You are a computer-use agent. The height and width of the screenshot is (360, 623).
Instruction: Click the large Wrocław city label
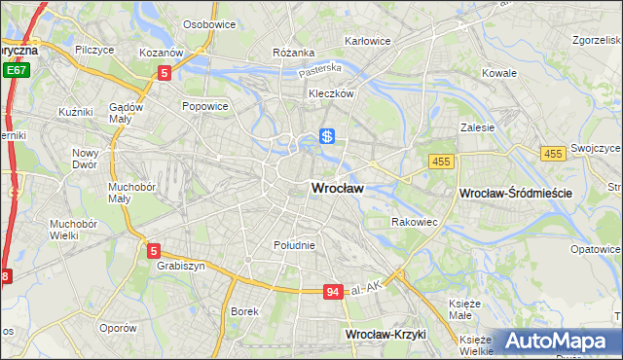(337, 189)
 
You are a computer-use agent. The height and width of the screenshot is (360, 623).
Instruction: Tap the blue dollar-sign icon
(328, 138)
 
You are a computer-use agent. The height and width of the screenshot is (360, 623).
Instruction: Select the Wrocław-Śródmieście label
(515, 194)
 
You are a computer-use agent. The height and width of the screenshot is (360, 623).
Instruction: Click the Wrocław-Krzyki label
(385, 334)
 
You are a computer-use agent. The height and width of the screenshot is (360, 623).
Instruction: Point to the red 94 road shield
(334, 291)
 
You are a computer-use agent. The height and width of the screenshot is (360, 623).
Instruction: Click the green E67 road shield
(15, 70)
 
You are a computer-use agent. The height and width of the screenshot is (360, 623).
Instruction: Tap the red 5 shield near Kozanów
(165, 72)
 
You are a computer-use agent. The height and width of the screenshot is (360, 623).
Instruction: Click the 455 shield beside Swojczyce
(554, 154)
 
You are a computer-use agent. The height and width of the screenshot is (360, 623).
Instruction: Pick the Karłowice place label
(368, 42)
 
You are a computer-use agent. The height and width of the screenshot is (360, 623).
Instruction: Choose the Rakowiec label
(415, 223)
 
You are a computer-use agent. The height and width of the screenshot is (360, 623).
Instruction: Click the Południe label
(294, 245)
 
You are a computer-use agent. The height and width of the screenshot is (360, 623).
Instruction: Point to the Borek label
(243, 311)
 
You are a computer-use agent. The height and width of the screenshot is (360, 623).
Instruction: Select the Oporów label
(117, 328)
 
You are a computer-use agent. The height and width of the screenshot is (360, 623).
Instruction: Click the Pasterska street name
(320, 69)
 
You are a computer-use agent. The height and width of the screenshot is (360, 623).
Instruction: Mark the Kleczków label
(330, 94)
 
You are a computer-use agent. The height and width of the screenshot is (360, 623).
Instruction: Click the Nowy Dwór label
(86, 159)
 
